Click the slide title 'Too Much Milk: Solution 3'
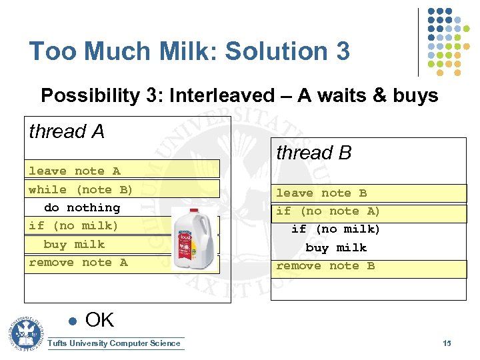click(189, 51)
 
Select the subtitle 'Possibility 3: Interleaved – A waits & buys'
click(239, 96)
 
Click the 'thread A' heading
click(67, 132)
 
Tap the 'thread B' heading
click(313, 153)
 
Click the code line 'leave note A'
click(74, 171)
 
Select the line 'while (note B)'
click(81, 189)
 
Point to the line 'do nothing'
click(81, 208)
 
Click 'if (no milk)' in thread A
click(73, 226)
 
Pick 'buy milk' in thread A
click(74, 245)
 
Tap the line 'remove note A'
click(78, 263)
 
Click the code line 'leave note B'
click(321, 193)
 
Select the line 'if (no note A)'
click(328, 211)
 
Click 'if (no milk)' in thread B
click(335, 229)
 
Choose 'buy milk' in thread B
click(336, 248)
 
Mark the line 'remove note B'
click(325, 266)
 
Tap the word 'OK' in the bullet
click(100, 320)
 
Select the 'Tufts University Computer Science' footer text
click(115, 343)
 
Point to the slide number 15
click(447, 343)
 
